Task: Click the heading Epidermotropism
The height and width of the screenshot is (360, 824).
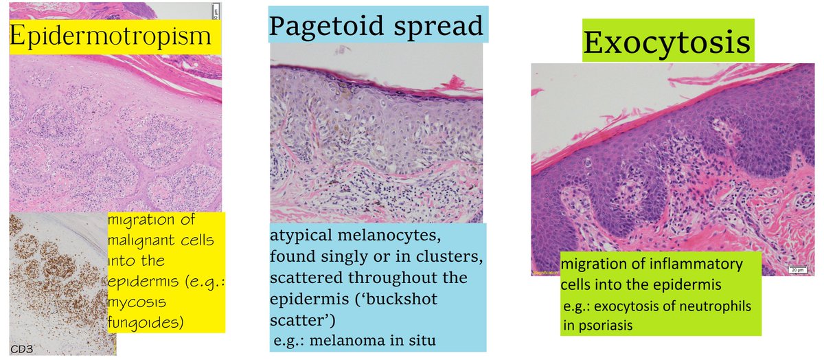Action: [111, 36]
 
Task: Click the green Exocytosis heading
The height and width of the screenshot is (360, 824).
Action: [665, 43]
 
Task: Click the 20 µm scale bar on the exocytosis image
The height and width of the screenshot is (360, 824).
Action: [796, 270]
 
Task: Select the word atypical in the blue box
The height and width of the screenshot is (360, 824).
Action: [295, 237]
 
